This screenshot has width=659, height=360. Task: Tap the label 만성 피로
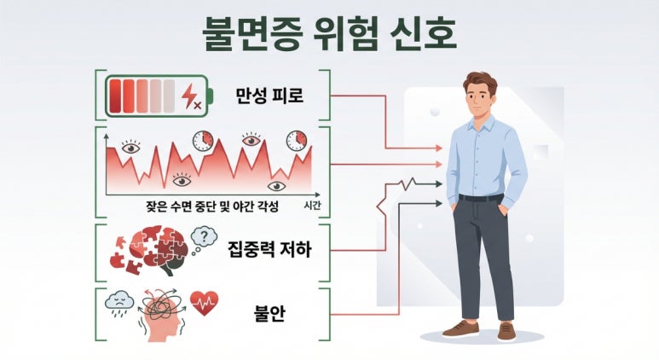coord(269,96)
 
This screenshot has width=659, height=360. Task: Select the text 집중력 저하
coord(269,249)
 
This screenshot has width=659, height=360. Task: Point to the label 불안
coord(269,313)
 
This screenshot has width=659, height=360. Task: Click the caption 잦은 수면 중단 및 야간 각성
coord(212,206)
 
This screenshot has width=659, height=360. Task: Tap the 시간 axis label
coord(312,206)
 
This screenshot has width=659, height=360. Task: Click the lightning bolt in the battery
coord(191,96)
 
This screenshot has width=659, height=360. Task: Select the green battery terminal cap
coord(211,96)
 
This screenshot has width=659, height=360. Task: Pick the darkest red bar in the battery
coord(115,96)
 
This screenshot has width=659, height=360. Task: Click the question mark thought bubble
coord(204,239)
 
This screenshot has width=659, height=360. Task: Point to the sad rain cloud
coord(119,303)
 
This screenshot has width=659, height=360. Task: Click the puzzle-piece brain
coord(158,249)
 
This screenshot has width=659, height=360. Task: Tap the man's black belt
coord(481,197)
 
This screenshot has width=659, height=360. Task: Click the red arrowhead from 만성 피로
coord(439,148)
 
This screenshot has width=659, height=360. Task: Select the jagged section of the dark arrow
coord(407,183)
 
